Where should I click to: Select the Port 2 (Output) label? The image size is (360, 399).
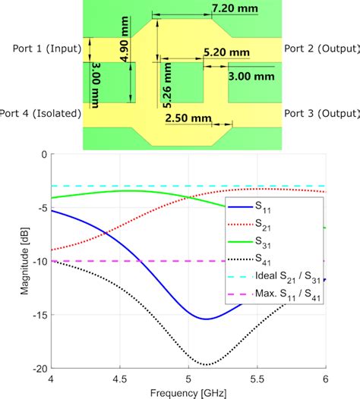coord(321,49)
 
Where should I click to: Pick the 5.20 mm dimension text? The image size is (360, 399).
coord(226,52)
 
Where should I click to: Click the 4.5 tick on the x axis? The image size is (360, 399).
coord(119,379)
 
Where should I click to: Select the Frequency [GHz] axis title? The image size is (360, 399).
coord(188,392)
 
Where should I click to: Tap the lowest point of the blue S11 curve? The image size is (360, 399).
coord(207,319)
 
